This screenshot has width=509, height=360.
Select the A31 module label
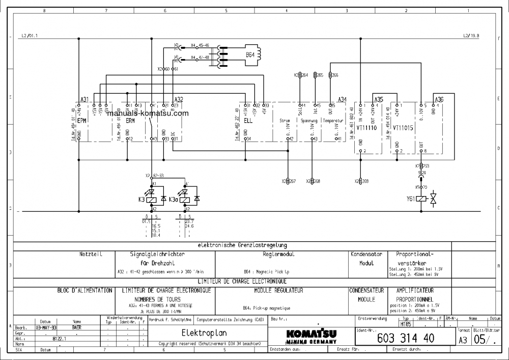pyautogui.click(x=84, y=99)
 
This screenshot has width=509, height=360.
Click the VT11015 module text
pyautogui.click(x=403, y=129)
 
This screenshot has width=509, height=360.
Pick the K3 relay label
pyautogui.click(x=142, y=199)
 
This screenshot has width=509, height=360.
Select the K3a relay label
pyautogui.click(x=173, y=199)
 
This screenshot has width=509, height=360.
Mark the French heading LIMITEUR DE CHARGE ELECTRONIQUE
pyautogui.click(x=242, y=281)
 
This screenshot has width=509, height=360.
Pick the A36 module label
pyautogui.click(x=439, y=99)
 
